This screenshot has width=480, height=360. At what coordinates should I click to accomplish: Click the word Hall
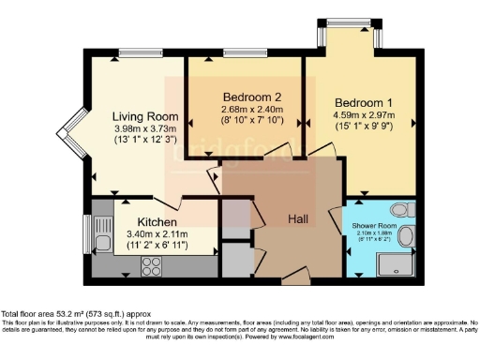click(x=299, y=218)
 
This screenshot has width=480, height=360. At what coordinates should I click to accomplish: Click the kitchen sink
click(x=100, y=232)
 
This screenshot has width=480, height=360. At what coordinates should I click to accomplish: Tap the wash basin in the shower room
click(x=409, y=238)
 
